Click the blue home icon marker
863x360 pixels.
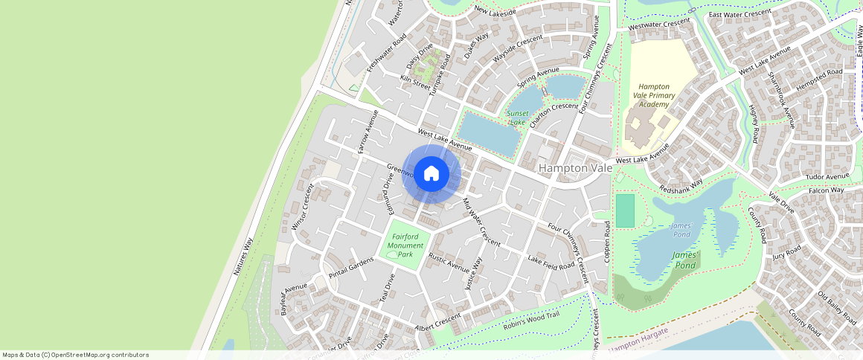431,174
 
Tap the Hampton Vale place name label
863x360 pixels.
575,169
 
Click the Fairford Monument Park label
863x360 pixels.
405,245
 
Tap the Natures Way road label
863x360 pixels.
244,257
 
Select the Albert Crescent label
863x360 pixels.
438,322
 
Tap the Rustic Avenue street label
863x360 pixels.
449,263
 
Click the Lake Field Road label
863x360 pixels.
551,262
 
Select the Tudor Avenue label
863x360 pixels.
827,177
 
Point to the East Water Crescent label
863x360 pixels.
740,14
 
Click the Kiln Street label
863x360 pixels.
416,81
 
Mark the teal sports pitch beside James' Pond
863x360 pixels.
626,210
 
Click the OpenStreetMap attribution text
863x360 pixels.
75,355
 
